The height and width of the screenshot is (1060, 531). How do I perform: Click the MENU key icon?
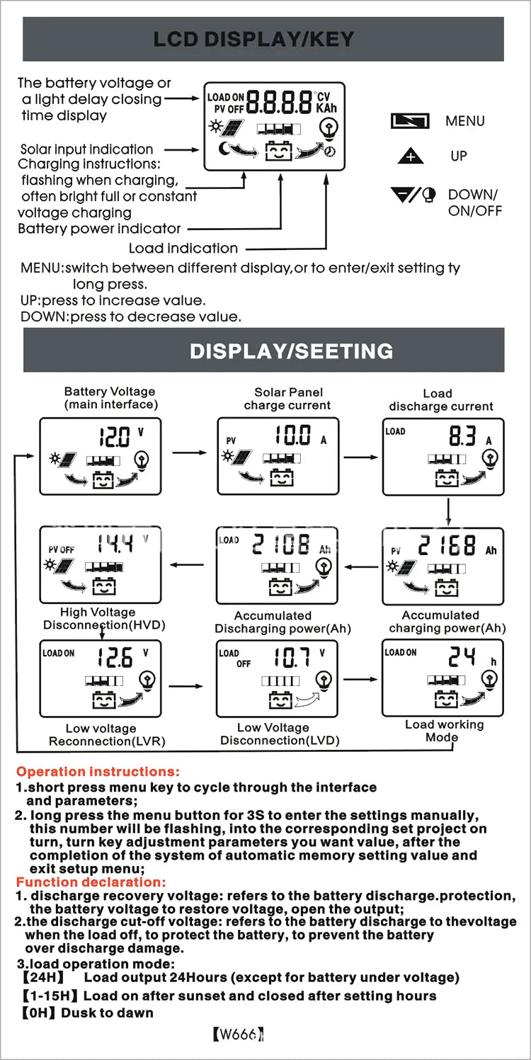coord(411,121)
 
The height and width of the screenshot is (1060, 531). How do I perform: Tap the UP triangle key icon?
coord(411,156)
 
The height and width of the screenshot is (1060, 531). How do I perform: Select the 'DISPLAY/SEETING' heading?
coord(291,351)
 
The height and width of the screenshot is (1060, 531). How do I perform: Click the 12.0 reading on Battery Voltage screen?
coord(115,438)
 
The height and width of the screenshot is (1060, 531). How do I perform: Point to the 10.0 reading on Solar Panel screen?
coord(293,435)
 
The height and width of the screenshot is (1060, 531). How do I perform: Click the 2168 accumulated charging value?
coord(447,546)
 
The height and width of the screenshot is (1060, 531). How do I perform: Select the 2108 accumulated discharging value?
coord(282,545)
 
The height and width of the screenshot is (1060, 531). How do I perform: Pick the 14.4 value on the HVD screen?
coord(115,545)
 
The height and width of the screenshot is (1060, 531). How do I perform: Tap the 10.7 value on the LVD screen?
coord(292,658)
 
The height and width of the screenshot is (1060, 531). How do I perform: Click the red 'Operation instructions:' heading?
coord(98,772)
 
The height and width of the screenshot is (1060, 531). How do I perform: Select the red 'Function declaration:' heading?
coord(91,882)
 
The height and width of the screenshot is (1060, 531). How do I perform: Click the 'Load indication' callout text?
coord(183,249)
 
